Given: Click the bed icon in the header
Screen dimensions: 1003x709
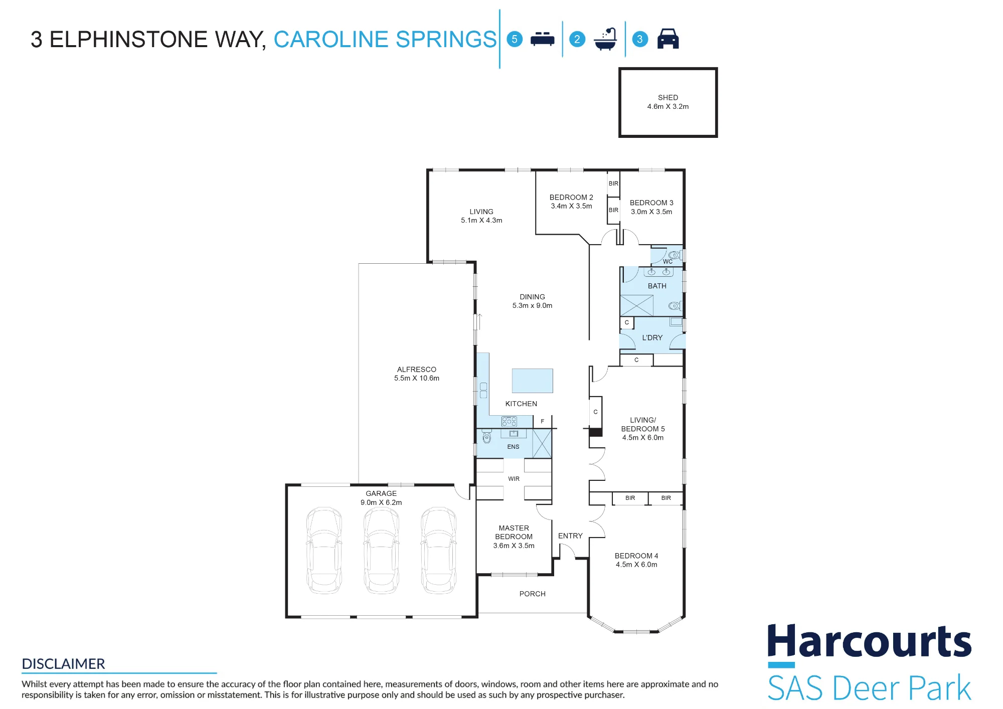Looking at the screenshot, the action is coord(542,39).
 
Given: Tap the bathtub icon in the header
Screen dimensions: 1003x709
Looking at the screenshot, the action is coord(605,39).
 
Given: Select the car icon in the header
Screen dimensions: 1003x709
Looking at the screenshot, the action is coord(668,39).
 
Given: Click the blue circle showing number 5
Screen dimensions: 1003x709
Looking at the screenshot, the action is coord(515,39).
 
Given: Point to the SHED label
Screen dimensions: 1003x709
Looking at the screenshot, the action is coord(668,97).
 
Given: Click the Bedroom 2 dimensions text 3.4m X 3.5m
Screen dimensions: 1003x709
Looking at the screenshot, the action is coord(571,206).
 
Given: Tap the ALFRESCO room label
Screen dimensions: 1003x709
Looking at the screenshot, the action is coord(417,370).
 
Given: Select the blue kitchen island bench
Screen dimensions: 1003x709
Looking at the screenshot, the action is coord(533,381).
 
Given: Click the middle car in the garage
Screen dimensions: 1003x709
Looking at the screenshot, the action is coord(382,550).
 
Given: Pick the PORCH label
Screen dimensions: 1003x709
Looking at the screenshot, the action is coord(533,594).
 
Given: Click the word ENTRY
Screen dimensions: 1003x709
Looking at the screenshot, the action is coord(570,536).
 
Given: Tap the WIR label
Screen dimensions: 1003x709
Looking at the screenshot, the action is coord(514,479).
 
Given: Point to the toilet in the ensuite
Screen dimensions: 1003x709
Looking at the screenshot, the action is coord(486,437).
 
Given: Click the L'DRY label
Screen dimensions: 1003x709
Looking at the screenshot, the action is coord(652,338).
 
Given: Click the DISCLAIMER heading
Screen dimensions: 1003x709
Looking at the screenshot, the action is coord(64,664).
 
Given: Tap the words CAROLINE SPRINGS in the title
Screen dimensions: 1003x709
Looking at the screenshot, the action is coord(385,39).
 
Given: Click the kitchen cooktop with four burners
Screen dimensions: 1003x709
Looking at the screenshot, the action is coord(509,422).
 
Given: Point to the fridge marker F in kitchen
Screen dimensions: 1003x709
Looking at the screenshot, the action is coord(542,422).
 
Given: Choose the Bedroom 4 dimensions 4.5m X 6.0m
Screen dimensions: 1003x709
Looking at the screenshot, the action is coord(636,565).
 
